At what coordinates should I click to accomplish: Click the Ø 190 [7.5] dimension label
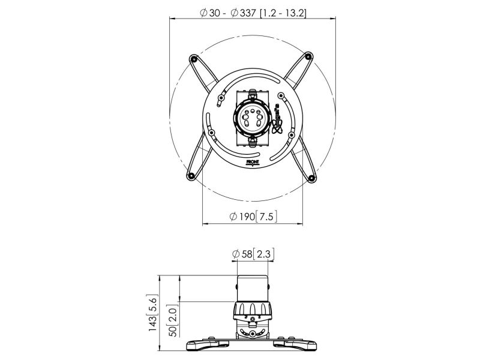point(253,217)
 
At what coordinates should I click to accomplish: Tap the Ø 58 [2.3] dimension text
point(253,254)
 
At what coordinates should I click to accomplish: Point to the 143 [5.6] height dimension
point(152,313)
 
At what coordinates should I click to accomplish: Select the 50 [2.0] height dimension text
point(173,320)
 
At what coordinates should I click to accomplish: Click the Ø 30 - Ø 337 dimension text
point(253,13)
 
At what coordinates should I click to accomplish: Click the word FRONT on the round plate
point(253,162)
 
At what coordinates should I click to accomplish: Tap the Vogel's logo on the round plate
point(277,119)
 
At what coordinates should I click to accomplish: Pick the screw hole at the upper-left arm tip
point(193,58)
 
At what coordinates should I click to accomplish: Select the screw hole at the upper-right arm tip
point(308,56)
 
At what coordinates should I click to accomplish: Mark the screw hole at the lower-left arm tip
point(191,176)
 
